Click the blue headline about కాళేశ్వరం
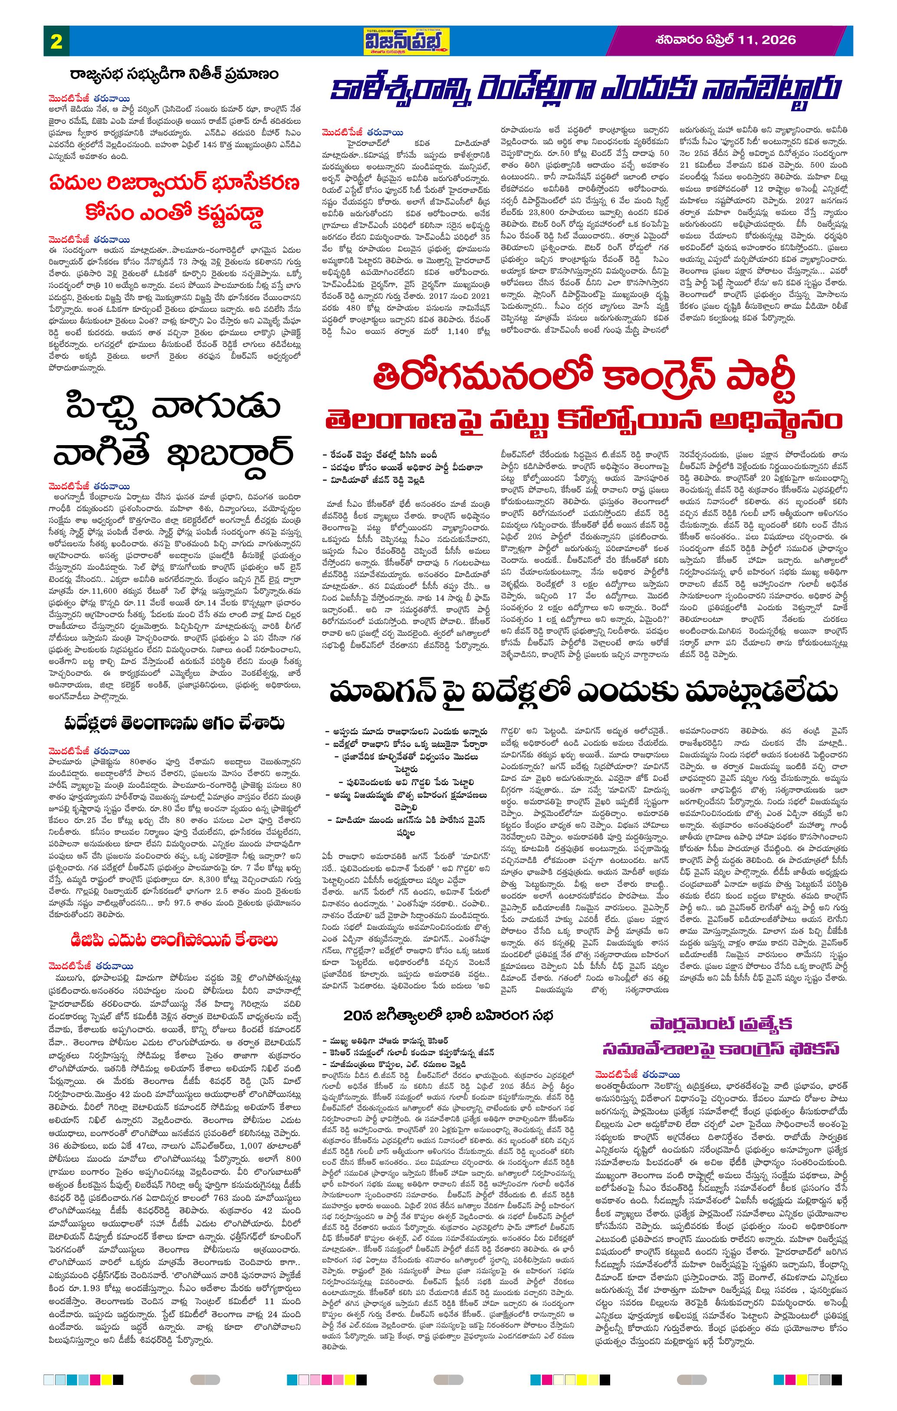tap(585, 90)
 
